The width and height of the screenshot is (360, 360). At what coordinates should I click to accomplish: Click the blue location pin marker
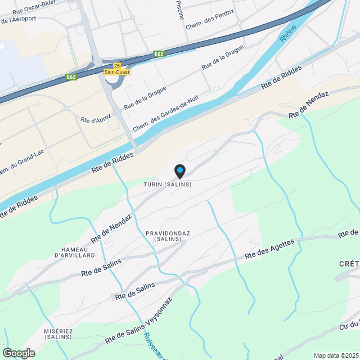(x=179, y=170)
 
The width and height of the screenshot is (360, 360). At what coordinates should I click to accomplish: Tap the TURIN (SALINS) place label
(x=168, y=184)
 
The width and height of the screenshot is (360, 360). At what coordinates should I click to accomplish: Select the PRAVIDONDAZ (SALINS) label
(x=164, y=236)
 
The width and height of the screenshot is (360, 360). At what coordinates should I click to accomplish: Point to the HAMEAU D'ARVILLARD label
(x=75, y=253)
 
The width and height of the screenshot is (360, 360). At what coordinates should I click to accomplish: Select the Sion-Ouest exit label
(x=117, y=72)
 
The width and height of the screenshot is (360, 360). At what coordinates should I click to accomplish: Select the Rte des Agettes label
(x=269, y=250)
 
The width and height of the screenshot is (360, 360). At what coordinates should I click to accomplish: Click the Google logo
(x=18, y=353)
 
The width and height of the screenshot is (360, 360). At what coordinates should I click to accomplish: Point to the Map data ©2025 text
(x=336, y=355)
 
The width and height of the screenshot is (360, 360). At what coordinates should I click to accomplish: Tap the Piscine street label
(x=180, y=10)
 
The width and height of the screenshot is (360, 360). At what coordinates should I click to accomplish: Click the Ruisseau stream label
(x=154, y=344)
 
